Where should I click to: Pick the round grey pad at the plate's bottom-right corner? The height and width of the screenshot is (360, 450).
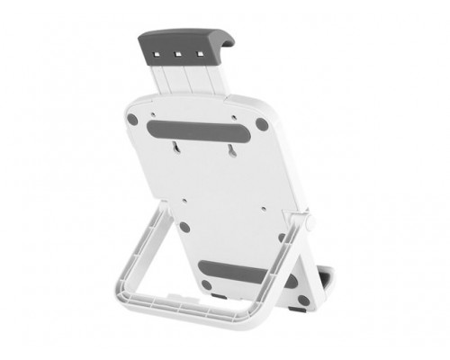(280, 278)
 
